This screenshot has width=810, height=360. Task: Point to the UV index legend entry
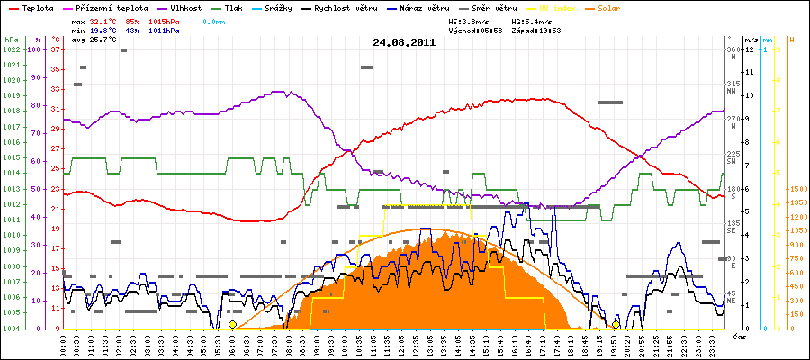[557, 7]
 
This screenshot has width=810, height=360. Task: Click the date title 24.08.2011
[404, 41]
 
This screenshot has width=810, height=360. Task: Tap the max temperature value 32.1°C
[106, 20]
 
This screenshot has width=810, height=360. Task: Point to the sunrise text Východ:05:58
[475, 30]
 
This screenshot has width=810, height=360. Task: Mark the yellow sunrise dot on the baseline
[232, 324]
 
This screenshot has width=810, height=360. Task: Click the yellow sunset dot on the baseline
[616, 324]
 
